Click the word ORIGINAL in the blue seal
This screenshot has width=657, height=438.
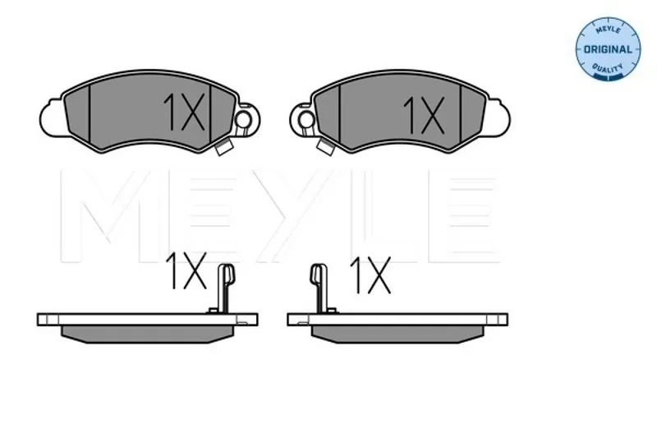point(608,49)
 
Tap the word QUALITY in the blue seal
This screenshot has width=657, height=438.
point(607,67)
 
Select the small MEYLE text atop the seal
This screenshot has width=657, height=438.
point(608,30)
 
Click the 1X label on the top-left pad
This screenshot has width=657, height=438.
point(184,112)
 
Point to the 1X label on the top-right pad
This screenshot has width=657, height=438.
point(424,115)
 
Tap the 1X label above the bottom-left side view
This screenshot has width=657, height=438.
point(186,270)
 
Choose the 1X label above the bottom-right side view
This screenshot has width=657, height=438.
point(371,274)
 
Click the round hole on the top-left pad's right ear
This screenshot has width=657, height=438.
point(242,120)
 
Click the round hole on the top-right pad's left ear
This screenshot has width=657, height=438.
point(306,120)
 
